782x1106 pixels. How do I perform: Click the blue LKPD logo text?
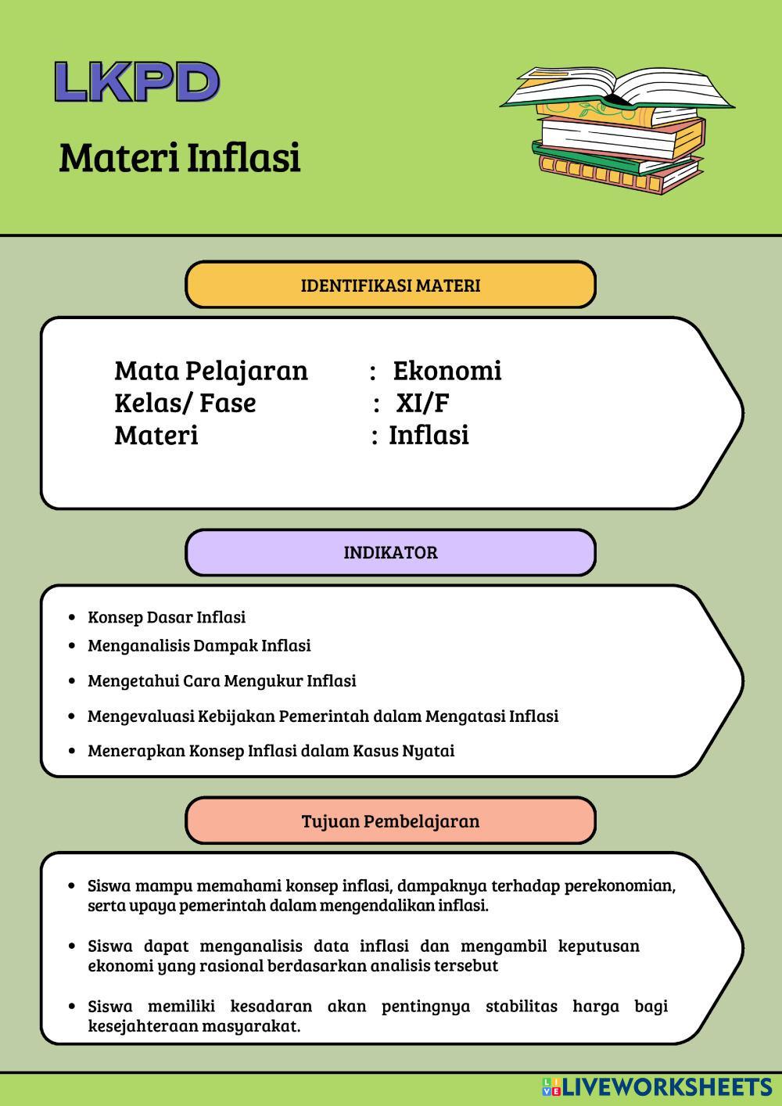137,82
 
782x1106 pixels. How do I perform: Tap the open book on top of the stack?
618,88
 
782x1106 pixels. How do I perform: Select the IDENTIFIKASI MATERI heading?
390,285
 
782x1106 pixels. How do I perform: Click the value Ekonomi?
447,371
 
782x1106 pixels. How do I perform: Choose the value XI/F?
422,403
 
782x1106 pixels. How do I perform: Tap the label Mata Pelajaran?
211,371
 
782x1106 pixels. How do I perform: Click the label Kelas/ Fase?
185,403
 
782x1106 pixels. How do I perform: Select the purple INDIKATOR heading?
390,553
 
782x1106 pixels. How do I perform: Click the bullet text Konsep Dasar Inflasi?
167,617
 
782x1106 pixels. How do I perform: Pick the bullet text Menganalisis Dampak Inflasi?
199,645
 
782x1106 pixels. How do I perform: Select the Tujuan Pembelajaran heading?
390,821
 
